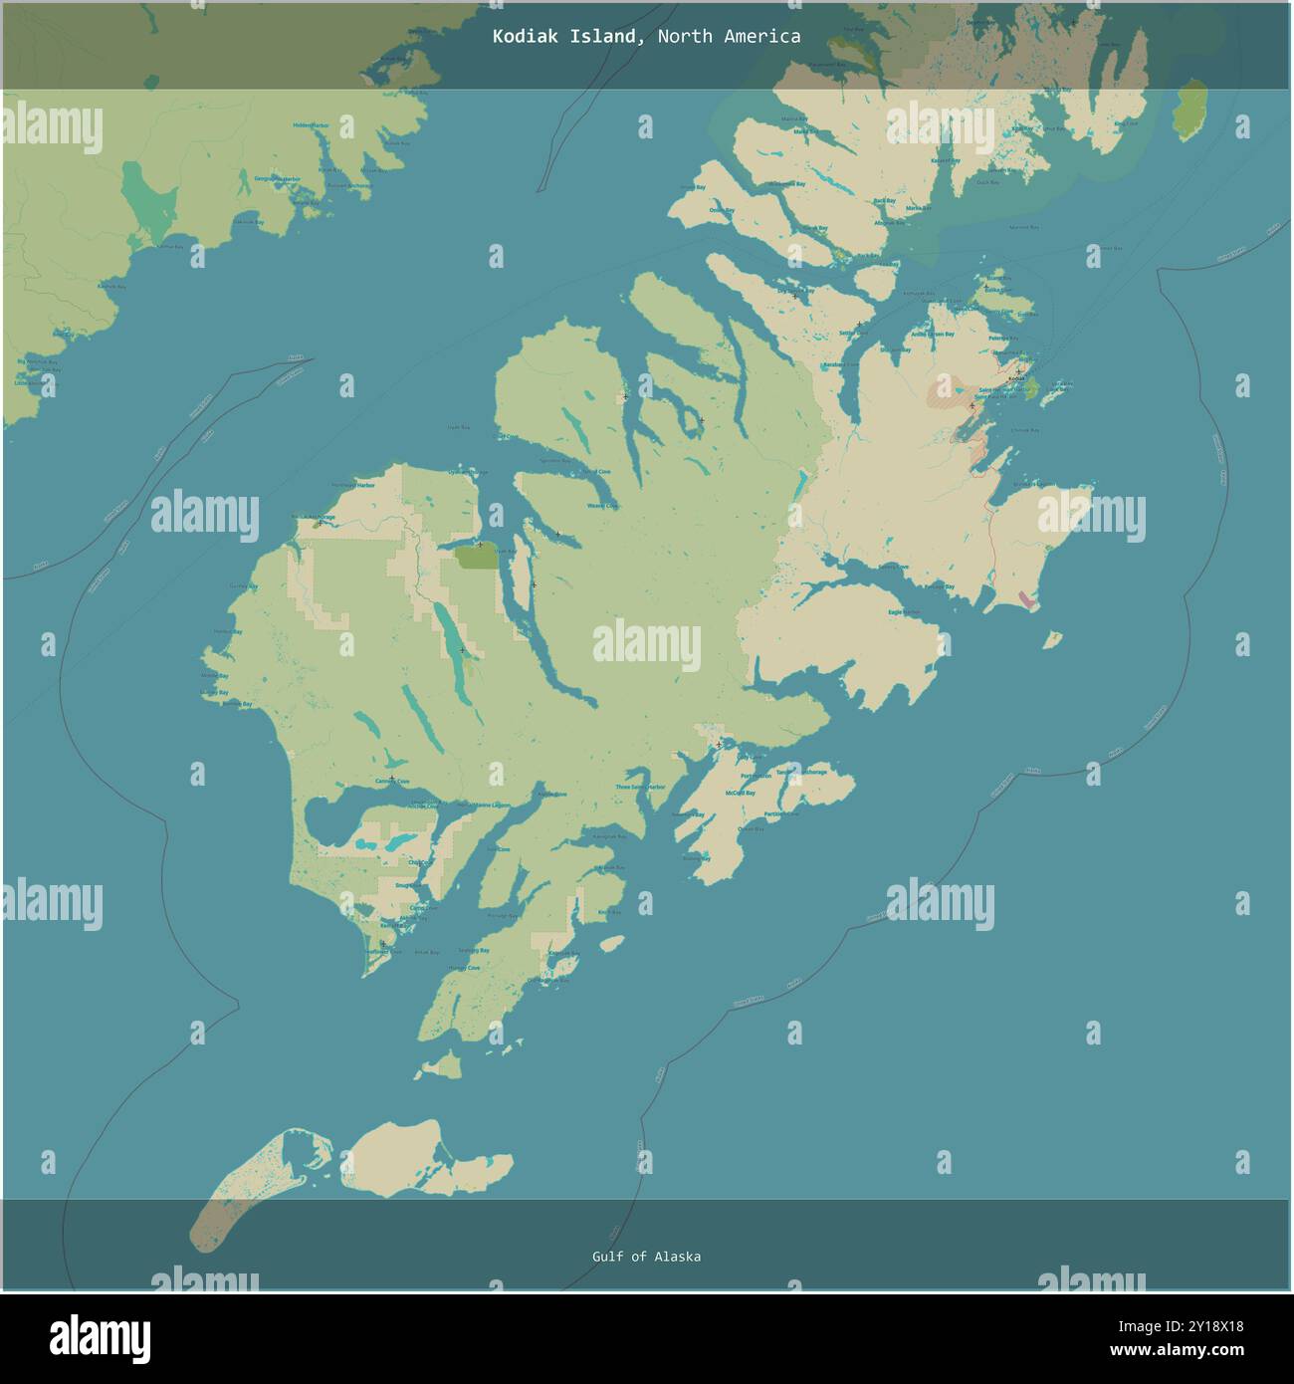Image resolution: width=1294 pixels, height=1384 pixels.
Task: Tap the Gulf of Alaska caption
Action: click(646, 1257)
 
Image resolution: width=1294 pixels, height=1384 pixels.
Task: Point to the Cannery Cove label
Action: click(392, 782)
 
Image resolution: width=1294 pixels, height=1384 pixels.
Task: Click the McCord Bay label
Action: click(741, 793)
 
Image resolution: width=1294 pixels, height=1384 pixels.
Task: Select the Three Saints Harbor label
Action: click(640, 787)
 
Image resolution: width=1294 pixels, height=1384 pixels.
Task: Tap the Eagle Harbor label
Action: click(904, 612)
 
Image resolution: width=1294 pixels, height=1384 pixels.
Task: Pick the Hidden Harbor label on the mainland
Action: click(311, 125)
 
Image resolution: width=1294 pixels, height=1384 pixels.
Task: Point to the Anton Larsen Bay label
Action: click(935, 335)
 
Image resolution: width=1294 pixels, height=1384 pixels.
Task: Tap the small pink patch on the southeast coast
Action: click(1027, 600)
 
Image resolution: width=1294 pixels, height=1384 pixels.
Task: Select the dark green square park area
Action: click(477, 557)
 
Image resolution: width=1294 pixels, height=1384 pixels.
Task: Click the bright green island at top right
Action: click(1188, 111)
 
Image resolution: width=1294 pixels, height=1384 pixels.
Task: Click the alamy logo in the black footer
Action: click(100, 1337)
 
